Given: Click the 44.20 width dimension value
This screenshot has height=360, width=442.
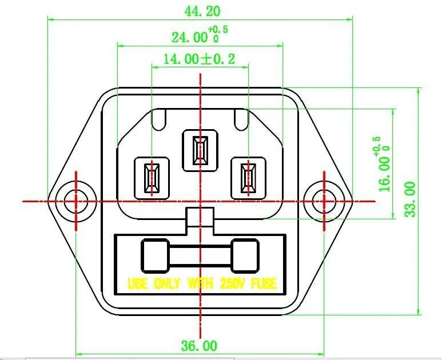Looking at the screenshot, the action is coord(202,11).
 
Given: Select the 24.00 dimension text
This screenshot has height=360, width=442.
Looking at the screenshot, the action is coord(189,37).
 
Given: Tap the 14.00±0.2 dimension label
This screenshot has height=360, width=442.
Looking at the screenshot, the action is coord(199,59).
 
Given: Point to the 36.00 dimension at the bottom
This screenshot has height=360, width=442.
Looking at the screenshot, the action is coord(199,346).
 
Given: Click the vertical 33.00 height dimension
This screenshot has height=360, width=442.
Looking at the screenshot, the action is coord(411,199).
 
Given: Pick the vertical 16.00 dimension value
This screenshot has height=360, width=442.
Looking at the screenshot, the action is coord(385,174).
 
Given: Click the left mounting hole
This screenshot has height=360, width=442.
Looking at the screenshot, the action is coord(76,201).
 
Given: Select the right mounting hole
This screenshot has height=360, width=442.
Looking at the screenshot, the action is coord(324,201).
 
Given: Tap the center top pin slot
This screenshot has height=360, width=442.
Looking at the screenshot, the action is coord(201,150).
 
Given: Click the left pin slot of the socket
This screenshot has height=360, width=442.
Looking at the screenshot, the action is coord(152,178).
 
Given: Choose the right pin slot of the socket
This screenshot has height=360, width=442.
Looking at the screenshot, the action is coord(248,178).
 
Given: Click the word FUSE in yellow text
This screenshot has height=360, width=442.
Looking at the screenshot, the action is coord(264,283).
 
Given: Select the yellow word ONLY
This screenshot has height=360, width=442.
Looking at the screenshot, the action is coord(167,283).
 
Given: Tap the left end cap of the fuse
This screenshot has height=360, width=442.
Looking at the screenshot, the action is coord(155,256).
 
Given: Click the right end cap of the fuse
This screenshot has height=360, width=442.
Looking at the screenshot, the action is coord(245,256).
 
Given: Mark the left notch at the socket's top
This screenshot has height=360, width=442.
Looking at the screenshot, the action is coord(159,120).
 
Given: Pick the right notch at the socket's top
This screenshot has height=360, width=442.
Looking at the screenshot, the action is coord(241,120).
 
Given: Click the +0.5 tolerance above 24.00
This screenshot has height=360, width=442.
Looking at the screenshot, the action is coord(218,29).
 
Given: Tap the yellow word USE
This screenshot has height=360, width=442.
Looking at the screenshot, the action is coord(138,283).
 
